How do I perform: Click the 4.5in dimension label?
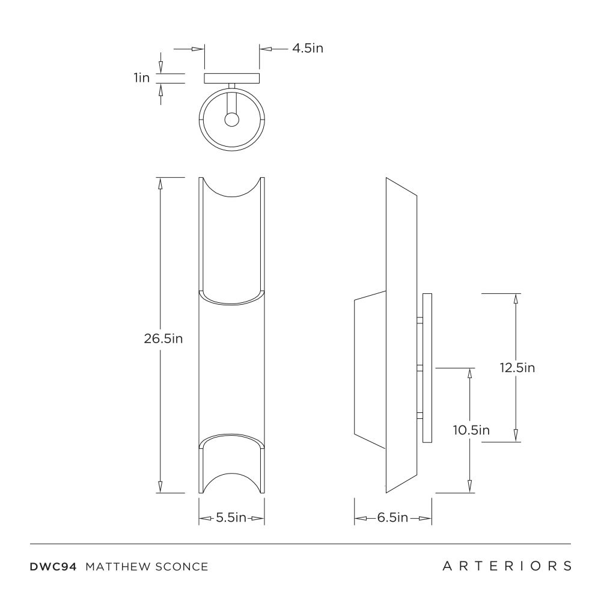308,49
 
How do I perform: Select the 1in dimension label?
142,78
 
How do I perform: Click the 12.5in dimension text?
517,367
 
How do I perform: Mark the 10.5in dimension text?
471,430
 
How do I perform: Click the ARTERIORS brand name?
507,566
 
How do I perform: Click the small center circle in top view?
231,120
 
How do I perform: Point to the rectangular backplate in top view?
231,78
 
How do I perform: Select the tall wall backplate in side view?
428,368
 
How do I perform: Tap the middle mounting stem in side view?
420,367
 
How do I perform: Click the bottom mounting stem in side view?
420,415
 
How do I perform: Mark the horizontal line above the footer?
300,544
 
